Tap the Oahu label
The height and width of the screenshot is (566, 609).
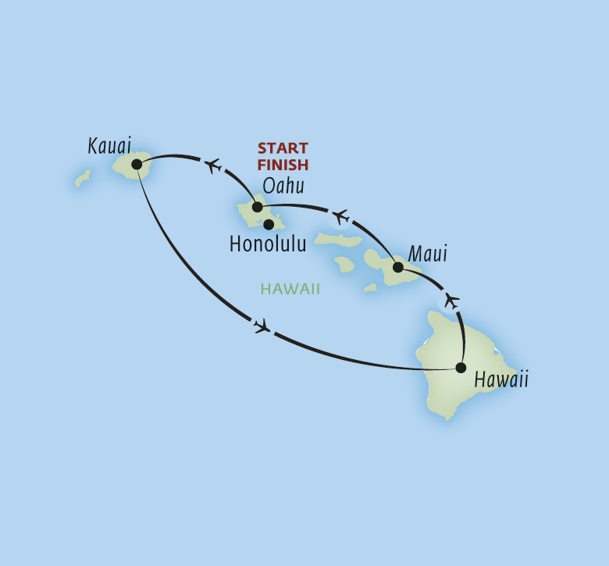tap(283, 187)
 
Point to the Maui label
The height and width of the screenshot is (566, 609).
tap(428, 255)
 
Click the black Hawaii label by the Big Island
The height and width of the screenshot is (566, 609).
tap(501, 380)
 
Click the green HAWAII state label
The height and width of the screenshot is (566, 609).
tap(291, 289)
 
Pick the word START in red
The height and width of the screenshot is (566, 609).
tap(283, 148)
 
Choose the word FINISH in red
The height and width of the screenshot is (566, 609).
tap(283, 164)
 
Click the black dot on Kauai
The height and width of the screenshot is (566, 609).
tap(137, 165)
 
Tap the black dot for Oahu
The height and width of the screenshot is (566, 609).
tap(257, 208)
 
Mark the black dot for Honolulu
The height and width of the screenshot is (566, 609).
tap(269, 225)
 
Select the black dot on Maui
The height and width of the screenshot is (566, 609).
tap(397, 268)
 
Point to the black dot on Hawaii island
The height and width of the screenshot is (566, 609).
tap(461, 368)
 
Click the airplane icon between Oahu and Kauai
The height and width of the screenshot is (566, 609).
tap(212, 166)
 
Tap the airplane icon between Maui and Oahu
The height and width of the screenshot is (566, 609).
tap(340, 215)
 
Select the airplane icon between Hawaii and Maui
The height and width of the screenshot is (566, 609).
tap(451, 300)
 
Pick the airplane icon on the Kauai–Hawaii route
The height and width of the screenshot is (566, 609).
tap(262, 326)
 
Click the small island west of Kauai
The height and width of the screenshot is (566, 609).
tap(83, 179)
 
